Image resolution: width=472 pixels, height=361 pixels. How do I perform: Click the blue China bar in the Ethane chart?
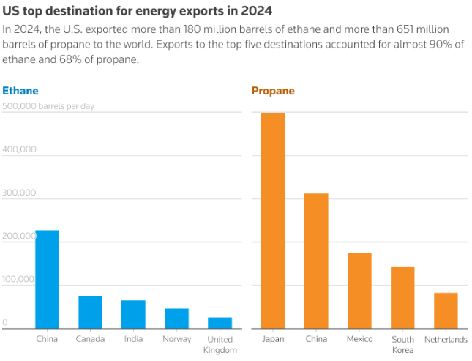(48, 279)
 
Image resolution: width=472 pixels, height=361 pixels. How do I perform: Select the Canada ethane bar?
(90, 312)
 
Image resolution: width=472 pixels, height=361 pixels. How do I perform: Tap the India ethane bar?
(133, 314)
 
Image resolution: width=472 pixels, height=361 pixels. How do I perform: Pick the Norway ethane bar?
(176, 319)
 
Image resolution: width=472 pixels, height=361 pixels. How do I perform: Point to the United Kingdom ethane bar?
(220, 323)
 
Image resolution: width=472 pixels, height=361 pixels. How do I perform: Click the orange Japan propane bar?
(273, 220)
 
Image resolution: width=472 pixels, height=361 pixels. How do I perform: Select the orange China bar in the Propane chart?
(316, 261)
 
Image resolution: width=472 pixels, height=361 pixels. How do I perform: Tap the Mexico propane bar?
(359, 291)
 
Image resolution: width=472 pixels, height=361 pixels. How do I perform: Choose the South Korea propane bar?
(402, 297)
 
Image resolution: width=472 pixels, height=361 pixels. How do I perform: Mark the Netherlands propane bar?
(446, 310)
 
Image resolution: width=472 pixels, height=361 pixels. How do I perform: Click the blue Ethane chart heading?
(20, 92)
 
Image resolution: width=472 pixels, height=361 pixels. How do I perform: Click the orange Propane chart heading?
(273, 92)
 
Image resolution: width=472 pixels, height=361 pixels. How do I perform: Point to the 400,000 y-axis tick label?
(20, 149)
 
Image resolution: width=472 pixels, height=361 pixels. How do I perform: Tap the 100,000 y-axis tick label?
(20, 279)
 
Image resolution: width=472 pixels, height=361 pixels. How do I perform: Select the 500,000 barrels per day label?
(48, 106)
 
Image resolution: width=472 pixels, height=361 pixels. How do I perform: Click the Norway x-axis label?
(176, 339)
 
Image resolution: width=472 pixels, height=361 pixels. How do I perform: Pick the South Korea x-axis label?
(402, 344)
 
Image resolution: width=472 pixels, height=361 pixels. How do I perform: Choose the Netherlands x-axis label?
(446, 340)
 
